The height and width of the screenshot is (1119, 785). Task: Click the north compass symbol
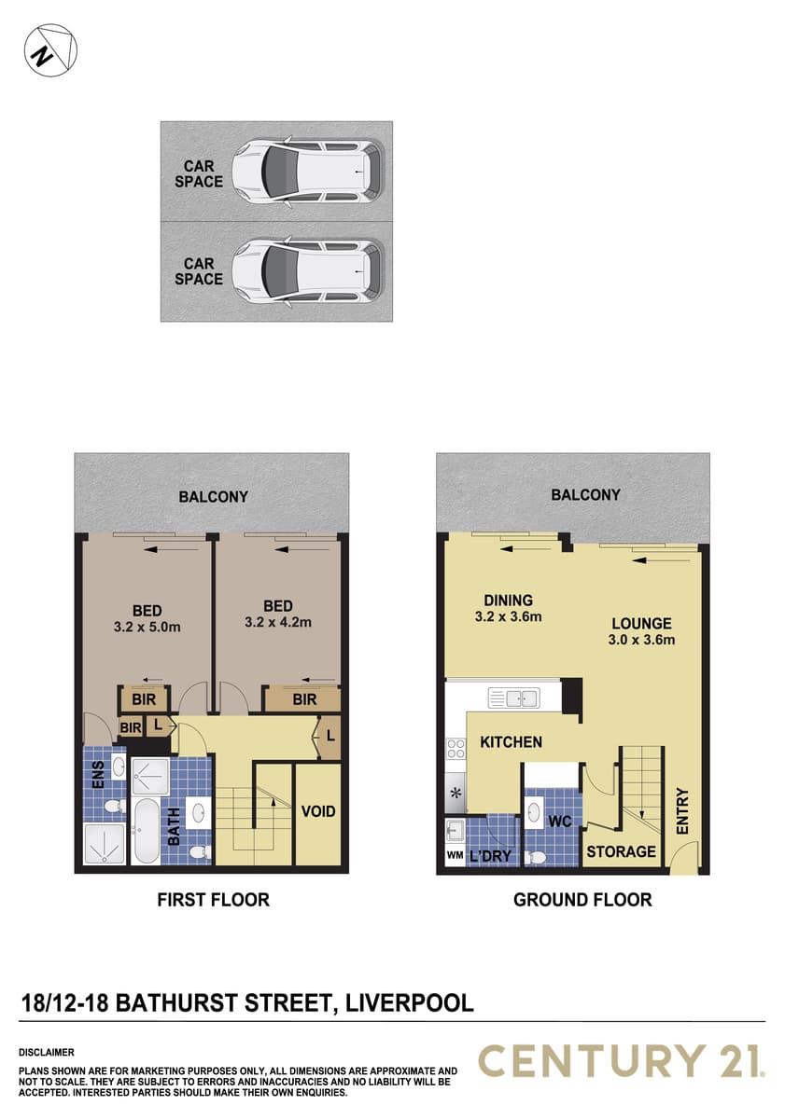(50, 50)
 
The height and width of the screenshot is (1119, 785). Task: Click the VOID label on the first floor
(318, 811)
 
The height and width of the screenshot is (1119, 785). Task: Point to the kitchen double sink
(513, 698)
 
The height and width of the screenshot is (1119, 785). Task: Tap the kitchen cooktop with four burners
(456, 750)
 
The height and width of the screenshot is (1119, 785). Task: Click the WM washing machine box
(455, 855)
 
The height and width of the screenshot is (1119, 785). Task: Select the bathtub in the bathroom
(147, 831)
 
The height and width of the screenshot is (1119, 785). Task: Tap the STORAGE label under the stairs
(621, 851)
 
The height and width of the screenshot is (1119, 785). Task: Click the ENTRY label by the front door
(682, 810)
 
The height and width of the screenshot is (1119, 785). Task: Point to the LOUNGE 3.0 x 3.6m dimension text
(641, 640)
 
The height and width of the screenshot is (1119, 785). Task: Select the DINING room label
(508, 600)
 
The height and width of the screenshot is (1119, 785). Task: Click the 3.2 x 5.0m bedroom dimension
(147, 627)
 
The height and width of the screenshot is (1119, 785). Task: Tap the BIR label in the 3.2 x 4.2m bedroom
(304, 699)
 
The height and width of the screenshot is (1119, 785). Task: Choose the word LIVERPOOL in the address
(410, 1002)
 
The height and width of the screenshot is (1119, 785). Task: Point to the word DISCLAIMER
(47, 1052)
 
